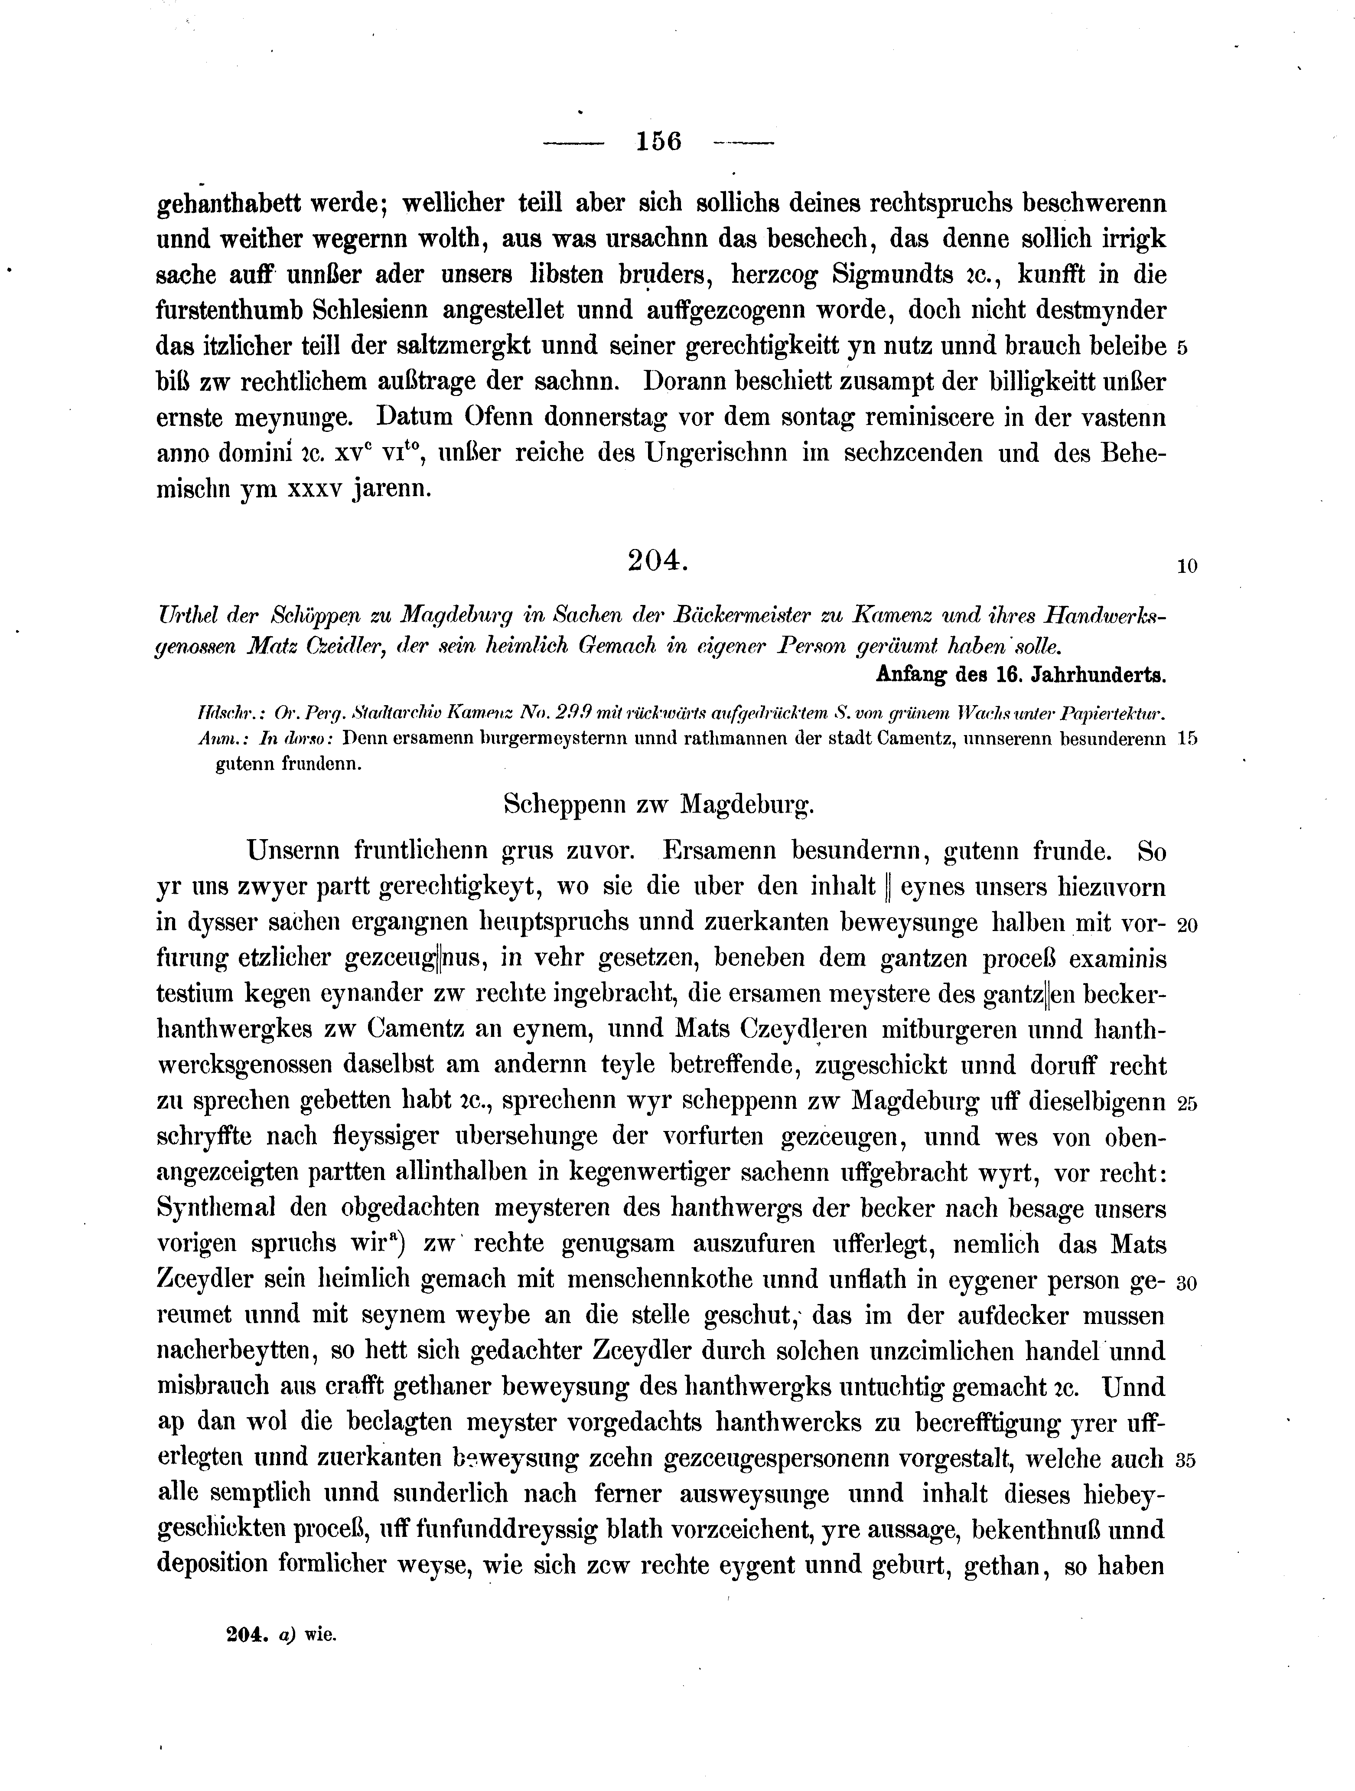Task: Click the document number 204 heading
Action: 656,560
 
